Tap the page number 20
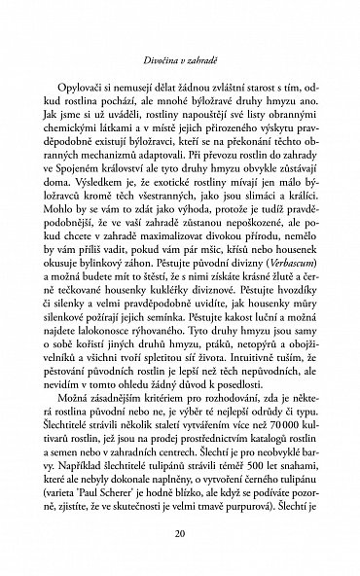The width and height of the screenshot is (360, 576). pos(180,532)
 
